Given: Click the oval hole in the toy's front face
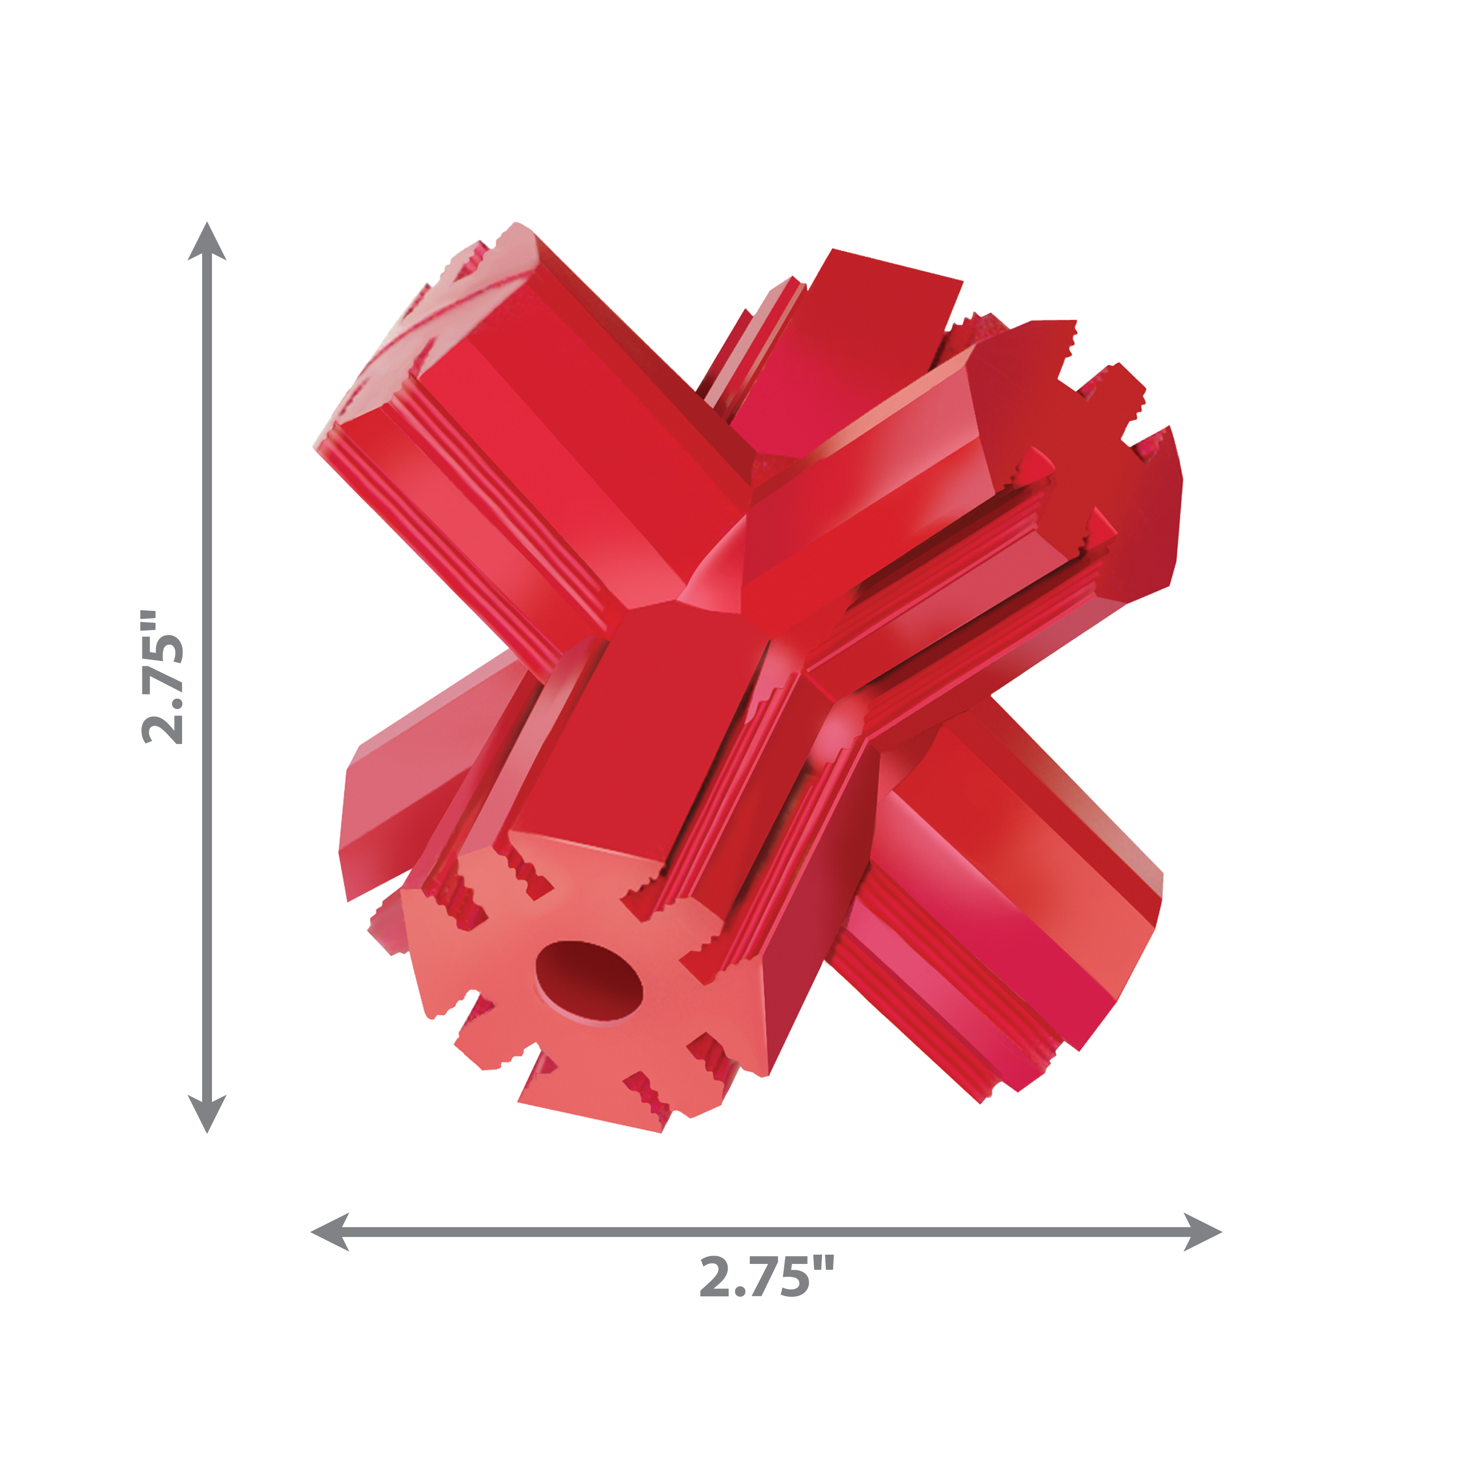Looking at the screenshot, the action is click(589, 982).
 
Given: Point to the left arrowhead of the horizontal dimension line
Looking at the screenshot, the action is click(329, 1232).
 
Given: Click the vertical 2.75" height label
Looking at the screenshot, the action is click(163, 677).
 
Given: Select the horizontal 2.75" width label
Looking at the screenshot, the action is click(766, 1278).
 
